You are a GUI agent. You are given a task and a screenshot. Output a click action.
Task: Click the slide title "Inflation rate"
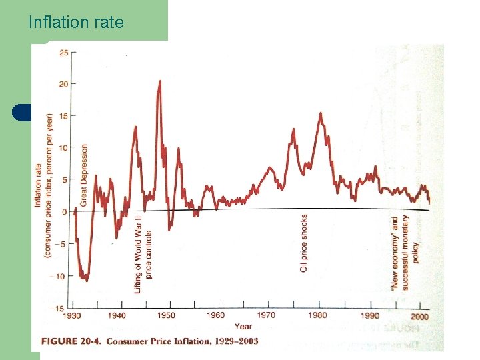(x=76, y=22)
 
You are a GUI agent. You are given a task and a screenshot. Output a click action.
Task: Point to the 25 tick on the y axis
(x=63, y=52)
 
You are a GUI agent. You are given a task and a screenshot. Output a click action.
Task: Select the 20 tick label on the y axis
(x=63, y=83)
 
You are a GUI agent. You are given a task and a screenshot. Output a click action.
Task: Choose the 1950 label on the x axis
(x=167, y=315)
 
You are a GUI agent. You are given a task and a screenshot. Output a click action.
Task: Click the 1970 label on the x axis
(x=265, y=315)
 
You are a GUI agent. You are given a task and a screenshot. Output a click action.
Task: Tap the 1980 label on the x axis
(x=318, y=315)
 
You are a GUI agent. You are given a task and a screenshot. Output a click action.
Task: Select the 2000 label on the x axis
(x=419, y=316)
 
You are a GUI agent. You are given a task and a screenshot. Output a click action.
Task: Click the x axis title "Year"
(x=243, y=326)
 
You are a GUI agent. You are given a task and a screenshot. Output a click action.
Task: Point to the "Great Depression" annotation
(x=84, y=175)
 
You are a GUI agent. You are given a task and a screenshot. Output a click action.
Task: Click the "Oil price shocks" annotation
(x=304, y=243)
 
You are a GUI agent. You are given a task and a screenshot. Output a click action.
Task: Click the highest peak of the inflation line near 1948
(x=160, y=81)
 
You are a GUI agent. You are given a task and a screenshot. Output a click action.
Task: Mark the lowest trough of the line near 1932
(x=86, y=280)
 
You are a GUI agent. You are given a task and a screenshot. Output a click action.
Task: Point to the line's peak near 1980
(x=321, y=113)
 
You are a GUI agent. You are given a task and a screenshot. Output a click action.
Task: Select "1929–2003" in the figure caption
(x=233, y=341)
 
